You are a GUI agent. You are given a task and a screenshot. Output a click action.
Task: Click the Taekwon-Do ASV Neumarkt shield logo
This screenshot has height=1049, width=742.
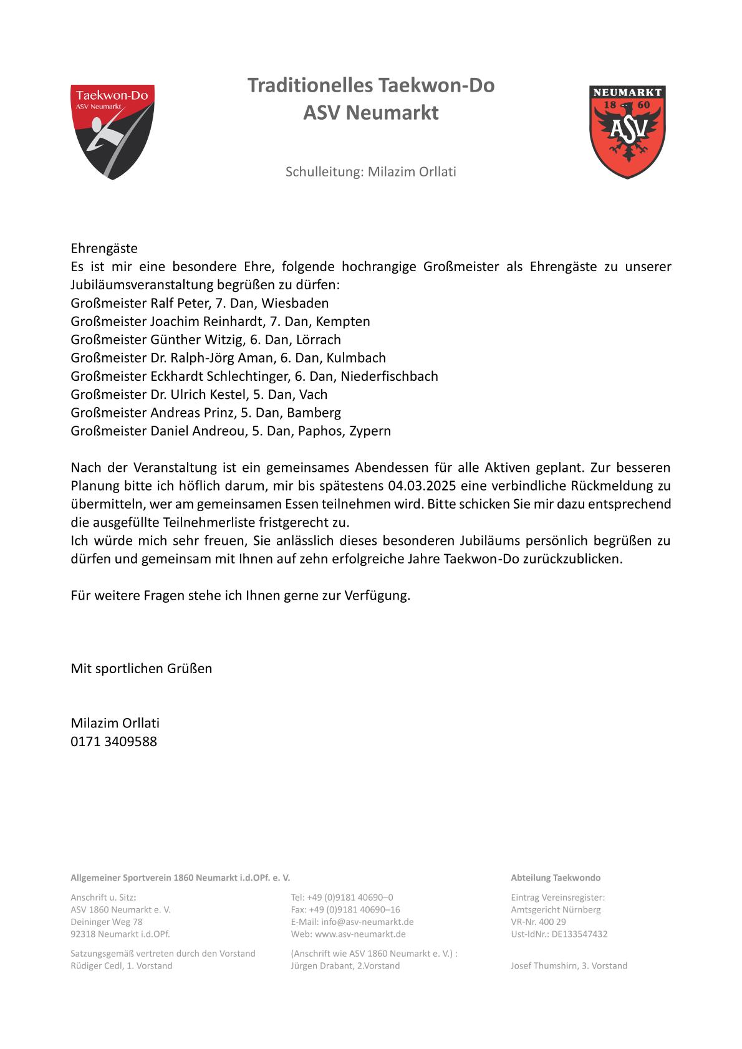[x=112, y=132]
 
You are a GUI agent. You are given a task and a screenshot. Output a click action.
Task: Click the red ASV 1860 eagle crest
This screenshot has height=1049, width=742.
[x=627, y=132]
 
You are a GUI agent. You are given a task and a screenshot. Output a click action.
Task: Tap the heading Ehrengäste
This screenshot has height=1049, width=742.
[x=104, y=249]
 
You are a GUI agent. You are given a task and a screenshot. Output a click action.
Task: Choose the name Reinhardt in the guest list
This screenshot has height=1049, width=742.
[x=230, y=322]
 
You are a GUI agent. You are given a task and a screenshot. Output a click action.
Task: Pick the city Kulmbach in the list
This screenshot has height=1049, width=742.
[x=356, y=358]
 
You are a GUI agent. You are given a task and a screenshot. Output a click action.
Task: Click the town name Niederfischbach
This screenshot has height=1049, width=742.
[x=389, y=376]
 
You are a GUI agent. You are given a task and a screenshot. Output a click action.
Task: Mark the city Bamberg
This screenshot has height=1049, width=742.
[x=314, y=413]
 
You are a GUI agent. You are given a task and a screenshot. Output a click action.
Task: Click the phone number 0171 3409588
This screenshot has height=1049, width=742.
[x=114, y=742]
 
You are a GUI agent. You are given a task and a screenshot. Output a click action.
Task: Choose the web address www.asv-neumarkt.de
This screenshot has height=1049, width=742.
[x=360, y=934]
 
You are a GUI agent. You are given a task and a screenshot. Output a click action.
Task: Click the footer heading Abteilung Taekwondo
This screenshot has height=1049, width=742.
[x=556, y=878]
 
